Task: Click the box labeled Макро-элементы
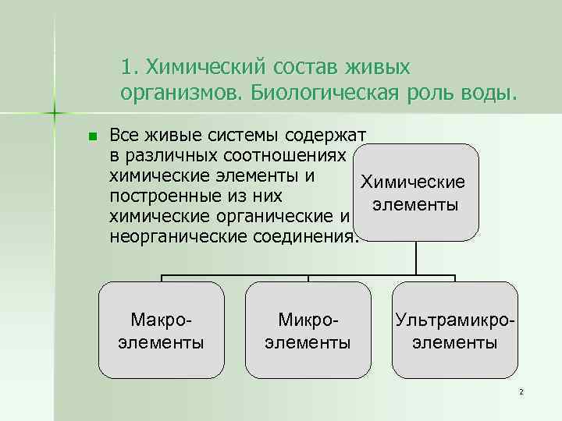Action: coord(162,331)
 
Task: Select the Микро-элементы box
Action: coord(308,331)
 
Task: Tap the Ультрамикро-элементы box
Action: coord(456,331)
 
